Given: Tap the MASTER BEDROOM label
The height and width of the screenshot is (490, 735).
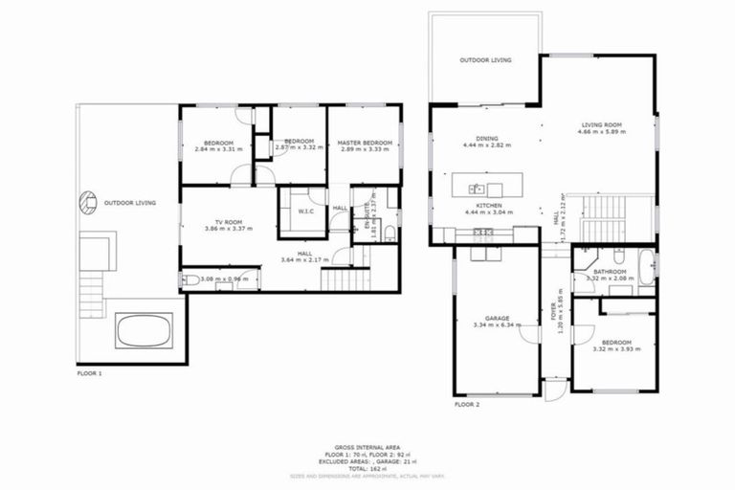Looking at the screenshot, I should click(365, 143).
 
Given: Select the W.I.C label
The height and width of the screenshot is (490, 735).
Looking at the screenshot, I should click(307, 212).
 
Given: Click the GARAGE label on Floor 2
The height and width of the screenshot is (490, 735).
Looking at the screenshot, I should click(496, 318).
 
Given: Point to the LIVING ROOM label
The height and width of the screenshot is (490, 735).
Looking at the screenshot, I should click(602, 124).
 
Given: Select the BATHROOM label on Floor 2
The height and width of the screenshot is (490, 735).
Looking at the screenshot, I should click(610, 272).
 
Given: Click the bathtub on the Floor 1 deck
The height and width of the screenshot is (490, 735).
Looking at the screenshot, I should click(143, 331).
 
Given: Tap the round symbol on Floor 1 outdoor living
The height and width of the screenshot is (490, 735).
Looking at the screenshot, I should click(86, 202).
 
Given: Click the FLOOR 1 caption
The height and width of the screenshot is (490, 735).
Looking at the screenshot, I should click(89, 374).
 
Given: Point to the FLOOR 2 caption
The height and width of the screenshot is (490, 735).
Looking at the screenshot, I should click(467, 405).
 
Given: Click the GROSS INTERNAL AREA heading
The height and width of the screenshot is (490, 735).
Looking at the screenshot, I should click(367, 447).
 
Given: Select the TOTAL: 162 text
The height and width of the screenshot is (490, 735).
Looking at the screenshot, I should click(367, 468).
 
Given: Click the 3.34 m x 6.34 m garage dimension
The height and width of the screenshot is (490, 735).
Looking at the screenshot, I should click(496, 325).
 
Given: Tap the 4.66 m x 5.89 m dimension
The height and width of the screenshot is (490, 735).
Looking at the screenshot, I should click(602, 132).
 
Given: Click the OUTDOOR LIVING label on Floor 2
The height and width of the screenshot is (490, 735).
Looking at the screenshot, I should click(485, 60).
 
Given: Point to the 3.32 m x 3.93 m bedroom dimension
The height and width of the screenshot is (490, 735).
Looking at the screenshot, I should click(612, 348).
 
